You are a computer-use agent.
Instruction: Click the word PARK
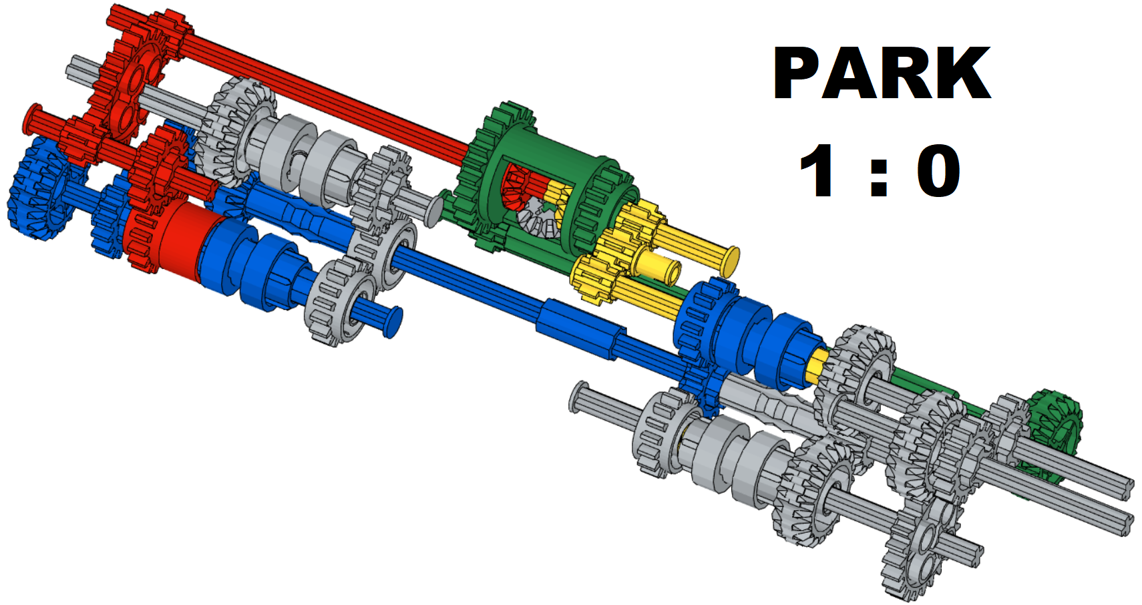(x=882, y=73)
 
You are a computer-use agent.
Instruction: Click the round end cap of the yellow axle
(x=731, y=260)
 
